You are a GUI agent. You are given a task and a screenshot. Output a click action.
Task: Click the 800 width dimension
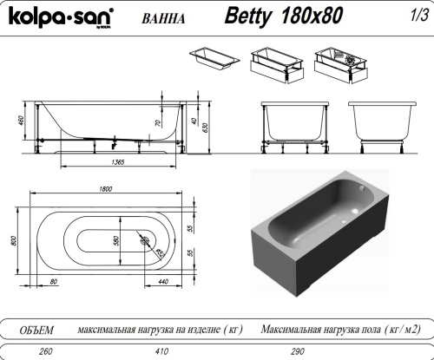[12, 241]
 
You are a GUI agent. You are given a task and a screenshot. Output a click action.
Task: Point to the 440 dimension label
[163, 282]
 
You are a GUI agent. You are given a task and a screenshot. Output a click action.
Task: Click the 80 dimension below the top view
[53, 282]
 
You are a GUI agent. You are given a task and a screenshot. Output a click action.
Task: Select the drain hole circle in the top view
[146, 240]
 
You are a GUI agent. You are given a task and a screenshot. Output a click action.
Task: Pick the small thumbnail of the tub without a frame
[214, 60]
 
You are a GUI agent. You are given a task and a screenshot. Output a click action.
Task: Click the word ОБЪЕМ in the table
[36, 330]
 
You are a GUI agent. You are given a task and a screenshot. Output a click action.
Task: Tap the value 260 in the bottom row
[36, 353]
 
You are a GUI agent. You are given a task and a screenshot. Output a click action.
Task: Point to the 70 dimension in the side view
[159, 124]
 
